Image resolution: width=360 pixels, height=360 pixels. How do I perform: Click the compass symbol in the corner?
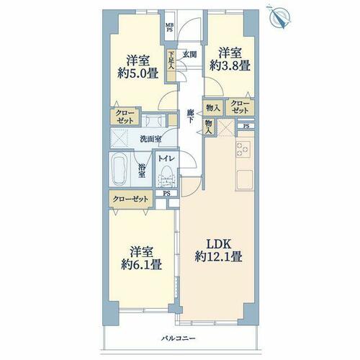280,17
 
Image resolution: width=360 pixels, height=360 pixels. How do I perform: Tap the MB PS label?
170,27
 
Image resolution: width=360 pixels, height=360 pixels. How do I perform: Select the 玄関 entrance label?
190,55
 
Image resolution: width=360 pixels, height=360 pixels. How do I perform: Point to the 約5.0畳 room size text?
138,73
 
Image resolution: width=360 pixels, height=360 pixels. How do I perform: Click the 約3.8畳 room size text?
230,65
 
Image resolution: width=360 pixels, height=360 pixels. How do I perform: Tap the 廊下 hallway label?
190,116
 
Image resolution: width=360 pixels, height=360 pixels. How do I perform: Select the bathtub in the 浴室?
120,170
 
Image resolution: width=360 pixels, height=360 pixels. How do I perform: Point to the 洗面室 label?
150,139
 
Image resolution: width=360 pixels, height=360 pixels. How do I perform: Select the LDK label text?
219,245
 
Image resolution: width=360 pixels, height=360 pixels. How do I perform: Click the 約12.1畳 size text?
218,256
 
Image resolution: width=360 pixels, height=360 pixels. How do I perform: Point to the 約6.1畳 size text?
141,264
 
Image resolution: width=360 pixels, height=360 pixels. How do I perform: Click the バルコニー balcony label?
178,338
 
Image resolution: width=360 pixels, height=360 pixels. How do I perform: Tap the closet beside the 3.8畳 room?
240,107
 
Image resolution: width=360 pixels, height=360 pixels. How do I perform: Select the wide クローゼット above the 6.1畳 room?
131,199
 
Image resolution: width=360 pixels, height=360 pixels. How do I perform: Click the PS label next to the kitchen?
246,126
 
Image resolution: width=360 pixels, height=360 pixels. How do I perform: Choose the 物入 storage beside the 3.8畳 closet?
213,108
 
